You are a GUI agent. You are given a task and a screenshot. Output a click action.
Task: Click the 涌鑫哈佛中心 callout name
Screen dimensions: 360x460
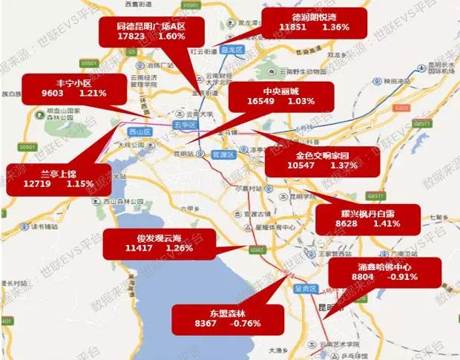384,266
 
